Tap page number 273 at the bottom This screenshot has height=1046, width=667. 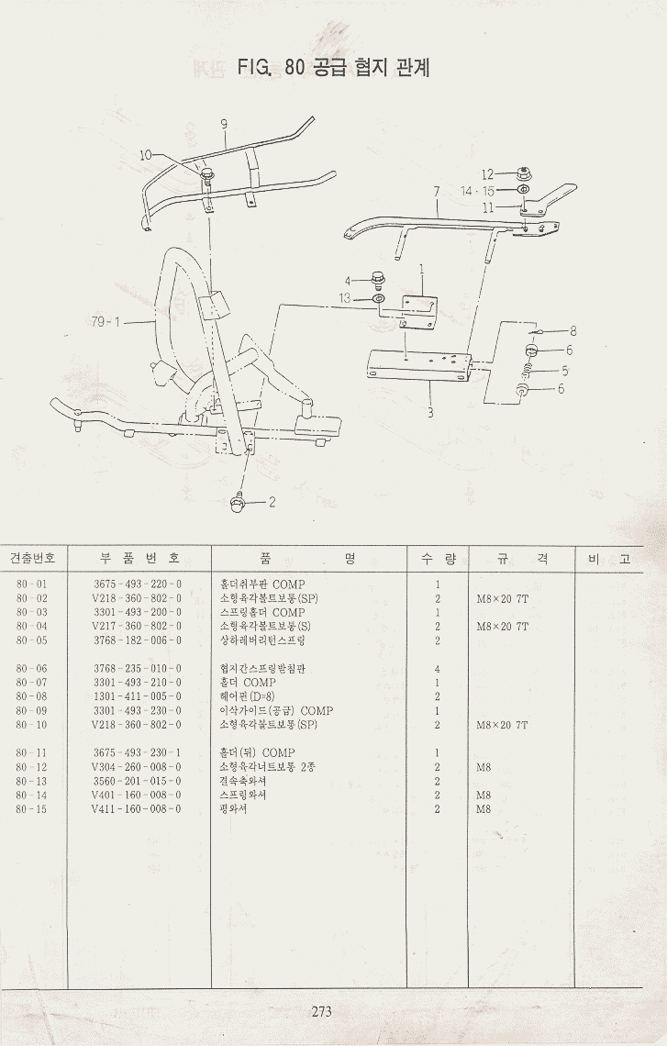click(x=321, y=1012)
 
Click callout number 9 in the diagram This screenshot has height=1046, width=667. click(x=223, y=124)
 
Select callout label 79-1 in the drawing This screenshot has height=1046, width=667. click(x=107, y=321)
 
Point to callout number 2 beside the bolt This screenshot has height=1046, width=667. click(x=272, y=502)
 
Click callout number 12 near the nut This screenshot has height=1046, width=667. click(x=488, y=173)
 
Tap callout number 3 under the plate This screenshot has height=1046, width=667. click(x=429, y=413)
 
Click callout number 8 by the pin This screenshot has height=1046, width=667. click(x=573, y=331)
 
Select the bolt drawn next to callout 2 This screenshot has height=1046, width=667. click(x=240, y=500)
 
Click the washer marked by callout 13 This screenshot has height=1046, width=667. click(x=379, y=299)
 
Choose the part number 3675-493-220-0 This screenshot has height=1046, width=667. click(x=137, y=584)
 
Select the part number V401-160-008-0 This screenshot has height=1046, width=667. click(x=137, y=796)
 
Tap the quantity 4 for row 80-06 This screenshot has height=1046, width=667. click(x=438, y=669)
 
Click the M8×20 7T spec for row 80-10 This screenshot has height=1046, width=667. click(x=502, y=725)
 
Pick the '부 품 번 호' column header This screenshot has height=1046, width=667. click(x=138, y=558)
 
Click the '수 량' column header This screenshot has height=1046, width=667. click(x=438, y=558)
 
